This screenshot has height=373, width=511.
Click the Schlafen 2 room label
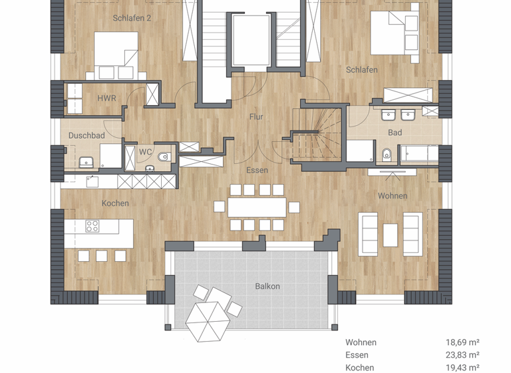click(x=131, y=18)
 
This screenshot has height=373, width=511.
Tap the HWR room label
click(x=106, y=99)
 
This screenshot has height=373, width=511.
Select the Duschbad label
click(x=86, y=135)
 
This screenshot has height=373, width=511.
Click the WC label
click(x=145, y=152)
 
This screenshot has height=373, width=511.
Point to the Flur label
click(x=256, y=117)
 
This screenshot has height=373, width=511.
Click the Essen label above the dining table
click(x=257, y=171)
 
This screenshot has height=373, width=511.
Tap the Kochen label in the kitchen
click(x=115, y=203)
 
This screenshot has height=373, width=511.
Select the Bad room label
click(x=395, y=133)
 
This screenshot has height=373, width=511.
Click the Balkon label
click(x=267, y=286)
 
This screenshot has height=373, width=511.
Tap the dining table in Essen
click(x=257, y=207)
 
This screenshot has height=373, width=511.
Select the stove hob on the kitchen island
click(x=92, y=226)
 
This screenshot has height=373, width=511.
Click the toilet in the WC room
click(x=164, y=157)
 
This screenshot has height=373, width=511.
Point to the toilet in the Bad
click(x=387, y=155)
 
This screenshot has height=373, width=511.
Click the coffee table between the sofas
click(x=390, y=234)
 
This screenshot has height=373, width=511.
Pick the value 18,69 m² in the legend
click(x=462, y=342)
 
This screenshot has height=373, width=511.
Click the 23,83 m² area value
click(x=462, y=355)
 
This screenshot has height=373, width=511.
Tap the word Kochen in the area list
click(x=359, y=368)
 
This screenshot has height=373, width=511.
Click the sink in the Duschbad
click(x=86, y=162)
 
